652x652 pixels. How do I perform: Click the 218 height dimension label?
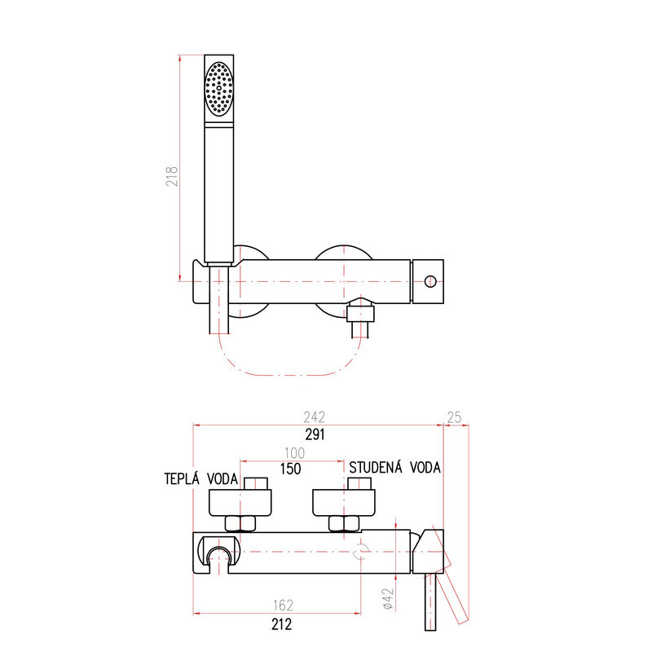(172, 176)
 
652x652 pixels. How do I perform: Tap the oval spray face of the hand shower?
(218, 89)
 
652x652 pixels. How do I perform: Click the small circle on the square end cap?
(430, 281)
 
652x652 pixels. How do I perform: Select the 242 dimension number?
(314, 416)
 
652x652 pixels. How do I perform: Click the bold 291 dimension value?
(315, 434)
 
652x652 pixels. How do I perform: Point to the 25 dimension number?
(454, 417)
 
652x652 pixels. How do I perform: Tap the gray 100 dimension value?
(294, 453)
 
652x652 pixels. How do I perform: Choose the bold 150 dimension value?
(290, 469)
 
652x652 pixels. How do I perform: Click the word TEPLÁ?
(182, 478)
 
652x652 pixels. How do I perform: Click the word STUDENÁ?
(376, 467)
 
